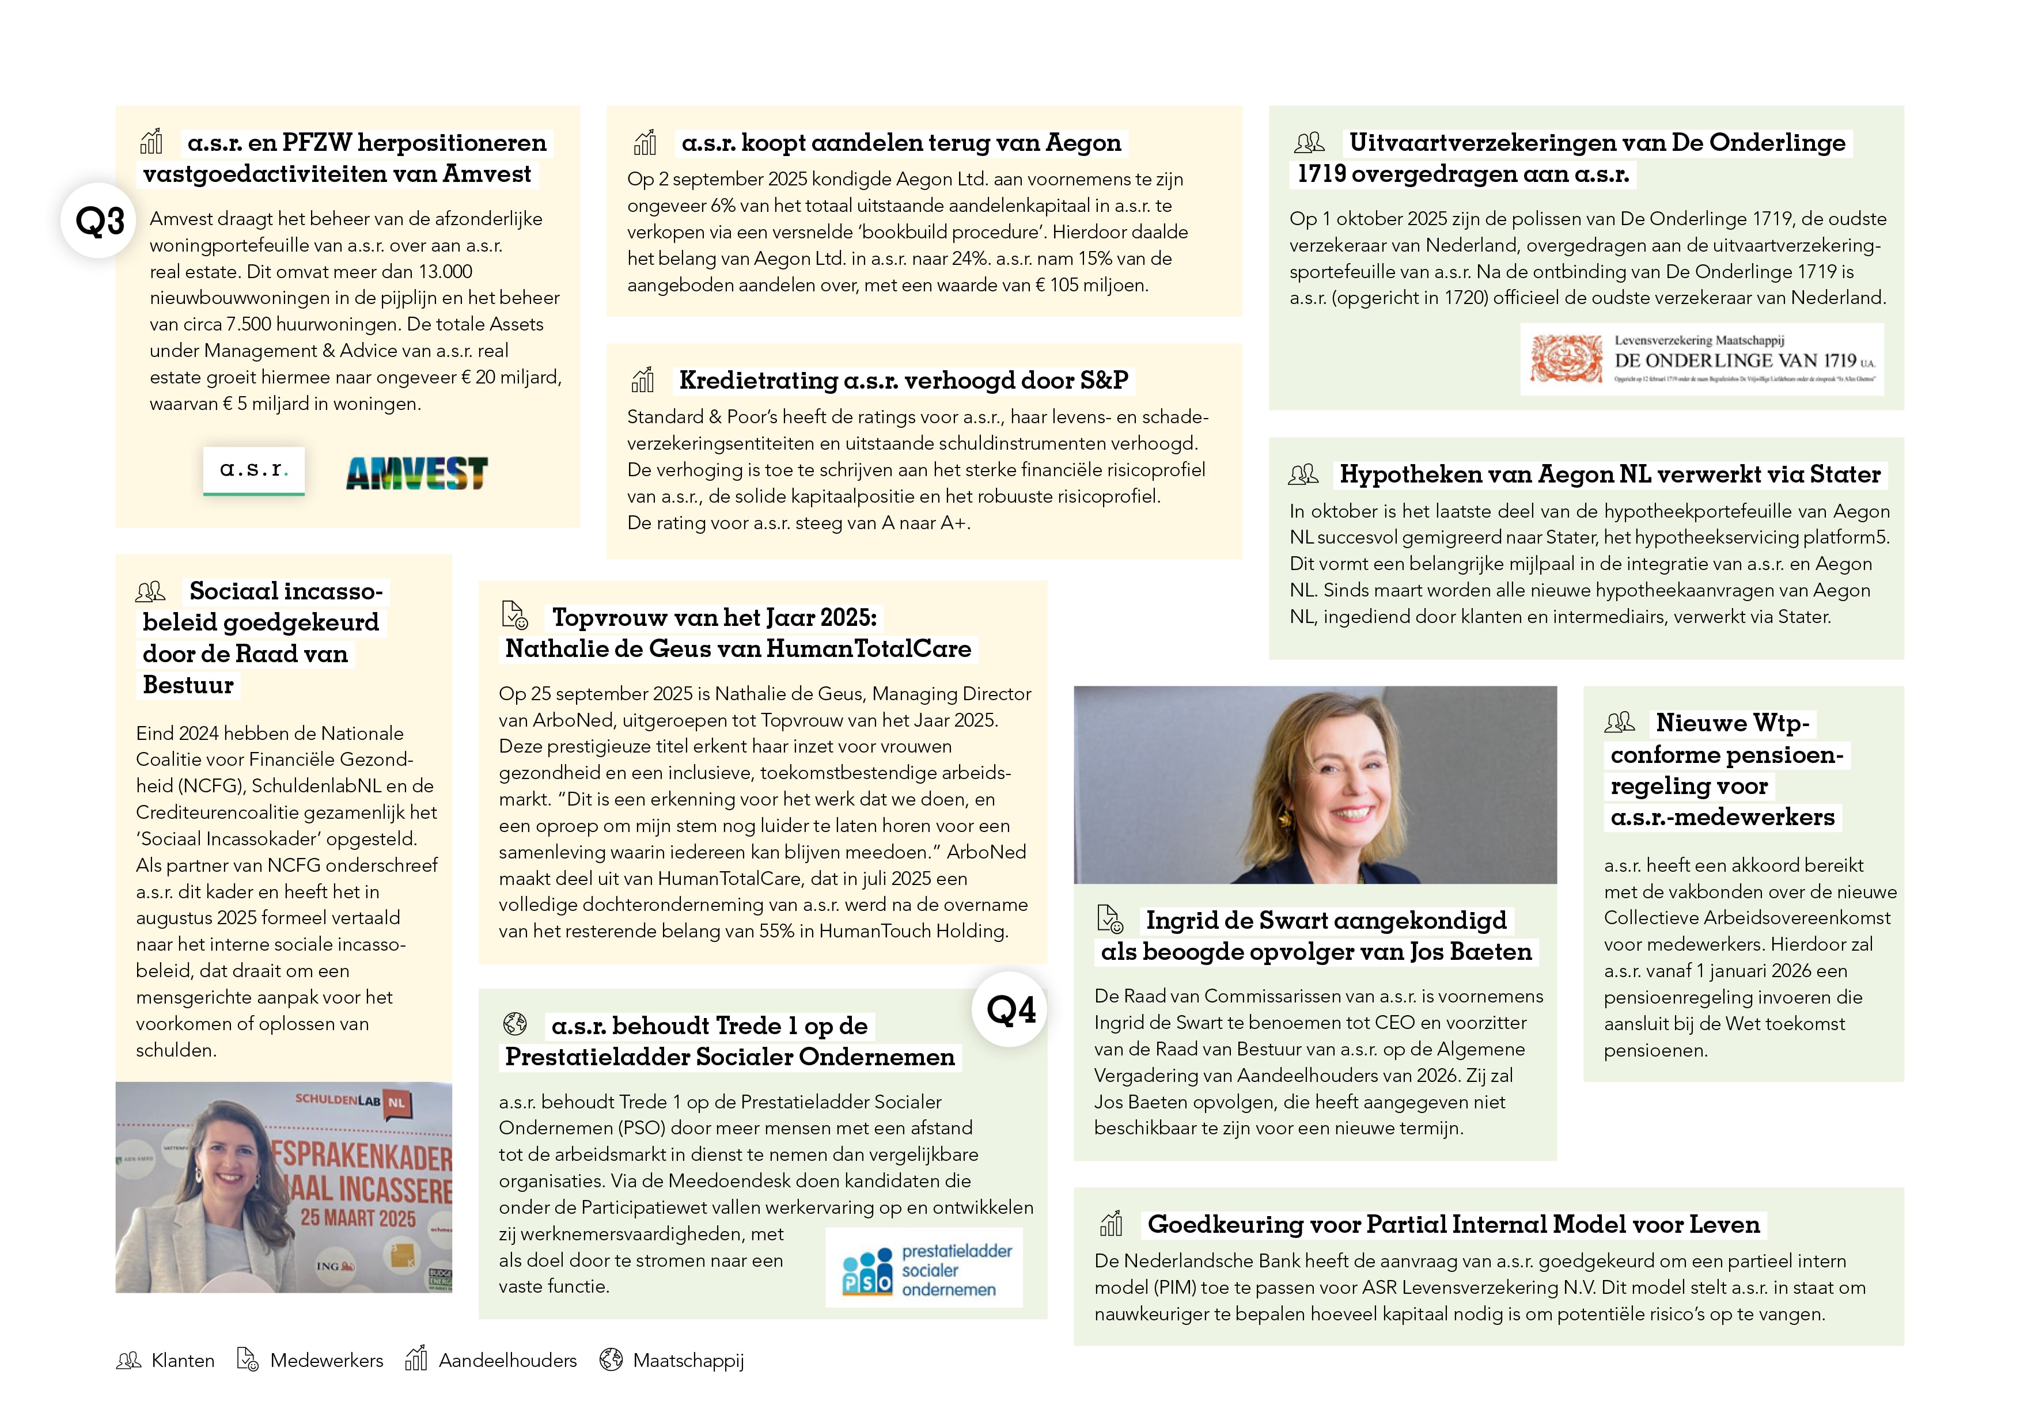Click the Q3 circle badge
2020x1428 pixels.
coord(98,221)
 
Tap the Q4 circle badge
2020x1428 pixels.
coord(1010,1009)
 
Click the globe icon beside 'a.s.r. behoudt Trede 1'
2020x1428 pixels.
coord(515,1024)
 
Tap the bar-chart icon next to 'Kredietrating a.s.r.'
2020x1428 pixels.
coord(643,380)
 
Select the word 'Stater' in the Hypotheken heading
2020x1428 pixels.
coord(1845,475)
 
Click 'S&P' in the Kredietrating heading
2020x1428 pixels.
coord(1104,381)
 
